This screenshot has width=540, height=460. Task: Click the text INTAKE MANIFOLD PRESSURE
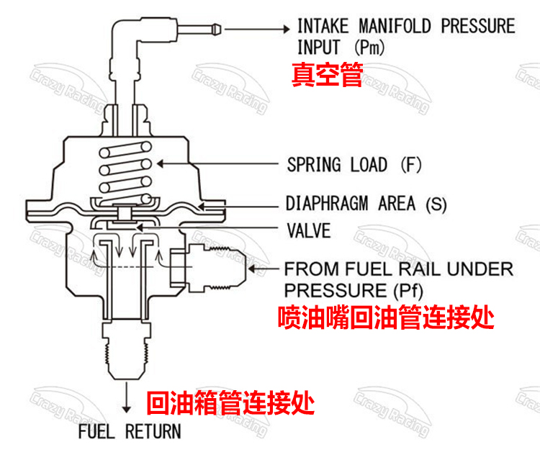(x=406, y=27)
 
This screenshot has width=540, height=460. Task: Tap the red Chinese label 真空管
(x=326, y=76)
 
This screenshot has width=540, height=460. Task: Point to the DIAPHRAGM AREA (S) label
(x=366, y=204)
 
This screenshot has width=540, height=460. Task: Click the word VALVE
(x=308, y=231)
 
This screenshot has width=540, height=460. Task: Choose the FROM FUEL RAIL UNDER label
(x=399, y=270)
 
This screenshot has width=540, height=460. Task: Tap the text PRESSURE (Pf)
(x=353, y=291)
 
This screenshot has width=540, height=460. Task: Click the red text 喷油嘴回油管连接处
(x=386, y=317)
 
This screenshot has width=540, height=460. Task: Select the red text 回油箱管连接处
(x=230, y=402)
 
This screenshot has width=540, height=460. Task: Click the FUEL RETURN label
(x=130, y=432)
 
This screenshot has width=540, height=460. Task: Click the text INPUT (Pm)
(x=341, y=48)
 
